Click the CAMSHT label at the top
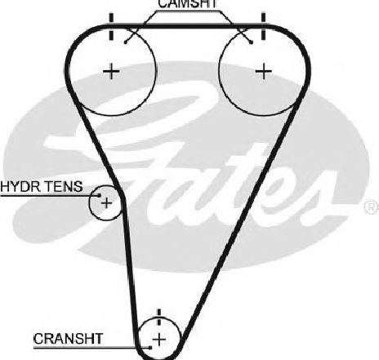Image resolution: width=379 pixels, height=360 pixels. pos(188,4)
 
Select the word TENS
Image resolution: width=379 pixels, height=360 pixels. pos(64,187)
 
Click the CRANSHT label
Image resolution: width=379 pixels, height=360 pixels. pos(68,339)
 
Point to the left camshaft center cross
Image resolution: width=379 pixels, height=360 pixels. pos(111,72)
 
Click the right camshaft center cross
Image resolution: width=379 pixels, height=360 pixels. pos(263,72)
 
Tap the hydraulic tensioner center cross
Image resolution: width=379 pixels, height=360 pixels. pos(106,203)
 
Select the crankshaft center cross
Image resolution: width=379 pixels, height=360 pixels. pos(159,340)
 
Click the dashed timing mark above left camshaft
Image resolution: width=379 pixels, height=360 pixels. pos(111,26)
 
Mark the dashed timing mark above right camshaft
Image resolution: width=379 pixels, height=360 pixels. pos(263,26)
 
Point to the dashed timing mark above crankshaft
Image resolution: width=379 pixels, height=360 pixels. pos(159,317)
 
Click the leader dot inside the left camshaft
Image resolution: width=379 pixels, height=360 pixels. pos(125,42)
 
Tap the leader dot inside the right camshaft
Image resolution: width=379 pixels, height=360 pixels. pos(252,42)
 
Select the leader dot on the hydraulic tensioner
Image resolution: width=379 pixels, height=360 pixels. pos(100,195)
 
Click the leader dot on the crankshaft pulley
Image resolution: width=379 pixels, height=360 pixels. pos(150,348)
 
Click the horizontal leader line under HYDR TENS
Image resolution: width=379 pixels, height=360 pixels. pos(49,195)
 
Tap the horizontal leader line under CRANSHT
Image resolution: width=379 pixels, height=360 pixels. pos(91,348)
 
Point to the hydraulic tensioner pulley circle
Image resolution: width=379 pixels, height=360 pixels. pos(90,203)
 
